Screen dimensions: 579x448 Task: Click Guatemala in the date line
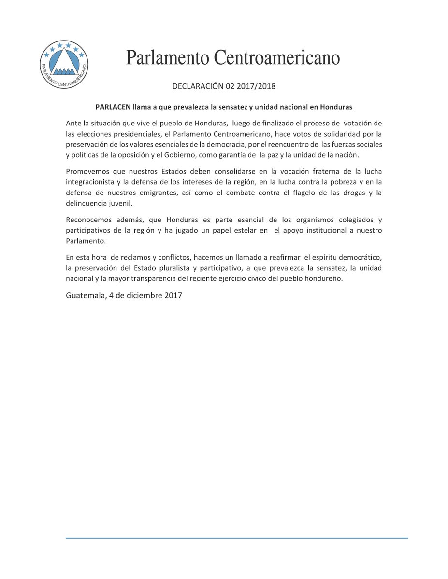[x=83, y=296]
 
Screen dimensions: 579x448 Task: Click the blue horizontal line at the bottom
[x=237, y=538]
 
